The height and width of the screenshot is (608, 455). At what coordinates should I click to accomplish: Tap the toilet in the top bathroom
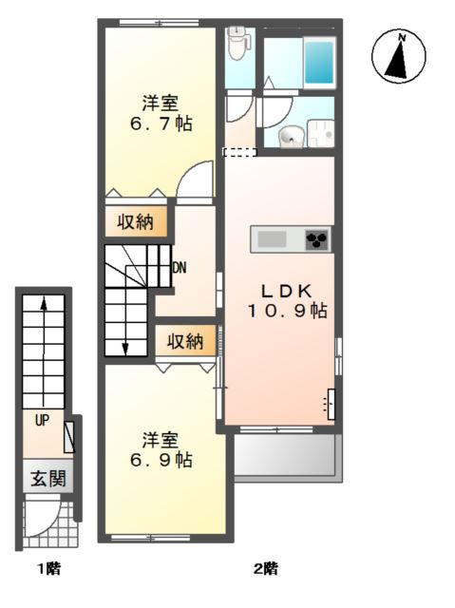point(237,42)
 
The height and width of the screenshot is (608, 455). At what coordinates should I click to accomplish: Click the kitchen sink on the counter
point(272,239)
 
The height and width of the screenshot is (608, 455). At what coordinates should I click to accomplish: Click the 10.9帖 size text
point(288,311)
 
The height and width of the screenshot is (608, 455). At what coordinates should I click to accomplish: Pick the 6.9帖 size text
point(161,460)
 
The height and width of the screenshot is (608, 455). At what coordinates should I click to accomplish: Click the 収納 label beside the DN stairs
point(136,222)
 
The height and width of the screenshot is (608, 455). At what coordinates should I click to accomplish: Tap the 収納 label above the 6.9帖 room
point(186,341)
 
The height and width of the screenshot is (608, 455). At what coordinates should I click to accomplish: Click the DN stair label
point(179,268)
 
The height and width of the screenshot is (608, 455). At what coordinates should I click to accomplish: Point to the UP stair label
point(43,418)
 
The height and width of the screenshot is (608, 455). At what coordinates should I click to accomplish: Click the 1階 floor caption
point(49,570)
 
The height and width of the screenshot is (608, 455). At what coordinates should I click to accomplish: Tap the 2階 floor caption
point(265,570)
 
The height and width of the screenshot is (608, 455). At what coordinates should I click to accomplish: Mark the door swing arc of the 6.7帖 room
point(198,179)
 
